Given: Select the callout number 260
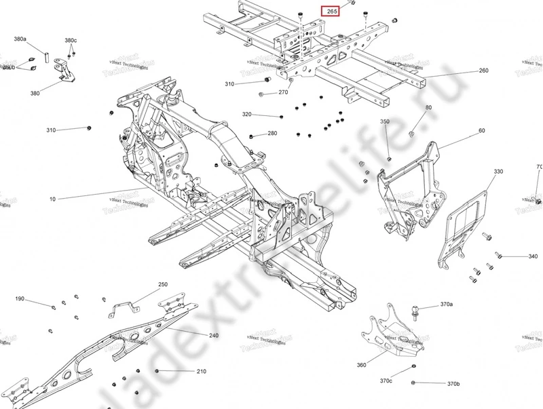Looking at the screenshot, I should click(483, 71).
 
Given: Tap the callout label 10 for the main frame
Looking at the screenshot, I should click(52, 199).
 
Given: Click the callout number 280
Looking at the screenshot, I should click(272, 134).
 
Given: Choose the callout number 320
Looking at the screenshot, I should click(246, 114).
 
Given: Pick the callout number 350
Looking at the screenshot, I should click(384, 121).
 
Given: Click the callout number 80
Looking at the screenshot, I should click(428, 108).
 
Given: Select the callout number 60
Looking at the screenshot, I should click(481, 130).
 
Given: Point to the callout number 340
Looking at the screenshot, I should click(533, 256).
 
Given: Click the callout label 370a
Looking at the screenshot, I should click(446, 305).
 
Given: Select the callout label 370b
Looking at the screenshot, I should click(453, 385).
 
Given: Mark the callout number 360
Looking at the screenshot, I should click(361, 365).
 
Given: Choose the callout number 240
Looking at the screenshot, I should click(214, 336).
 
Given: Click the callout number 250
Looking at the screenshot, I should click(163, 284).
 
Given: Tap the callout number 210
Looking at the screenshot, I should click(201, 372).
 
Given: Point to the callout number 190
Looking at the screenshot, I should click(20, 298).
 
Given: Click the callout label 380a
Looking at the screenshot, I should click(20, 39).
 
